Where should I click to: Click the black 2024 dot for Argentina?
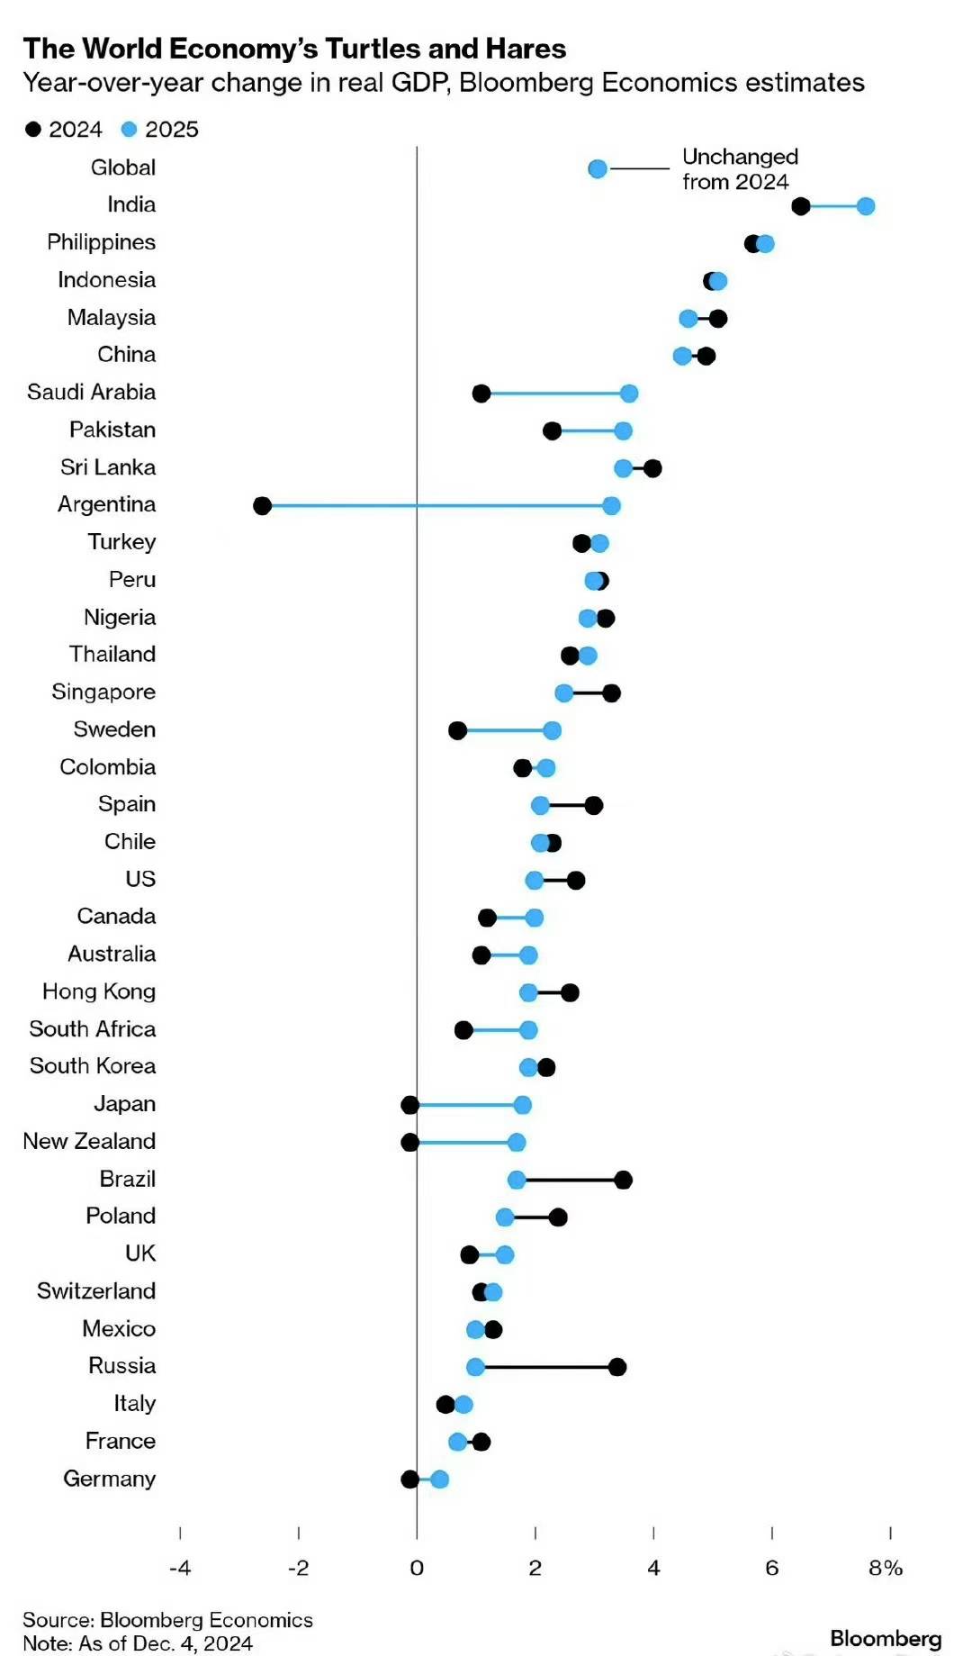[x=262, y=505]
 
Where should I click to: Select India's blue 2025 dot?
[x=866, y=206]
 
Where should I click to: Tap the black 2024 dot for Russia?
[x=617, y=1367]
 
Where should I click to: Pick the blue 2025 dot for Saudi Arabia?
[x=629, y=393]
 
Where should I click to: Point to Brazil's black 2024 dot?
[x=623, y=1180]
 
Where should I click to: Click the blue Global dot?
[x=598, y=168]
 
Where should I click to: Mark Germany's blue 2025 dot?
[x=439, y=1479]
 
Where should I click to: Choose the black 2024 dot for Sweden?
[x=457, y=730]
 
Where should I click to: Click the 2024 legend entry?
[x=64, y=130]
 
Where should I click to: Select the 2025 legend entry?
[x=160, y=130]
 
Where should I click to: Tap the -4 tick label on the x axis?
[x=180, y=1568]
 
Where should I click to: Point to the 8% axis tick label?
[x=886, y=1568]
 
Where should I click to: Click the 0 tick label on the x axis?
[x=417, y=1568]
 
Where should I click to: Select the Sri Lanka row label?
[x=108, y=467]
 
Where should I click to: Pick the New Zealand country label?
[x=89, y=1141]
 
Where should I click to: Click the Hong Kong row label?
[x=99, y=991]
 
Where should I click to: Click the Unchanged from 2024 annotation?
[x=739, y=169]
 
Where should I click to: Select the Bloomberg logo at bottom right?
[x=886, y=1638]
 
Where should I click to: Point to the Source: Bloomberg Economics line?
[x=167, y=1620]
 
